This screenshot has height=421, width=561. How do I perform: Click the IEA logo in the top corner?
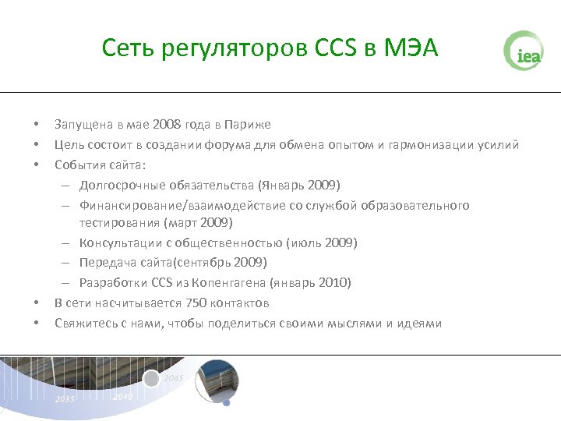click(x=523, y=51)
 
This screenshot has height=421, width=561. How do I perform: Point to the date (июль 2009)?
click(x=323, y=243)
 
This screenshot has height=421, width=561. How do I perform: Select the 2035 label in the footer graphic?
click(x=65, y=399)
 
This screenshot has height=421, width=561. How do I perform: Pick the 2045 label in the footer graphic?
click(x=174, y=378)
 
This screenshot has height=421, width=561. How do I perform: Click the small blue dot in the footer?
click(x=227, y=403)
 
